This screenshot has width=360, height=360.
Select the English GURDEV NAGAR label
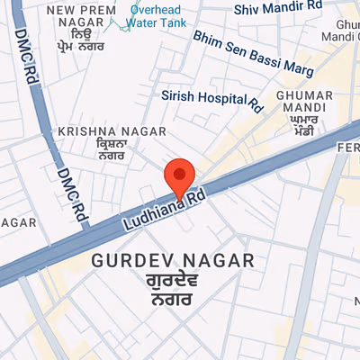coord(174,260)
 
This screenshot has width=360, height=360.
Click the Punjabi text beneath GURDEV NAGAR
coord(174,291)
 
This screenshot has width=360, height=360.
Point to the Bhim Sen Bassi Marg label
coord(254,53)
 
